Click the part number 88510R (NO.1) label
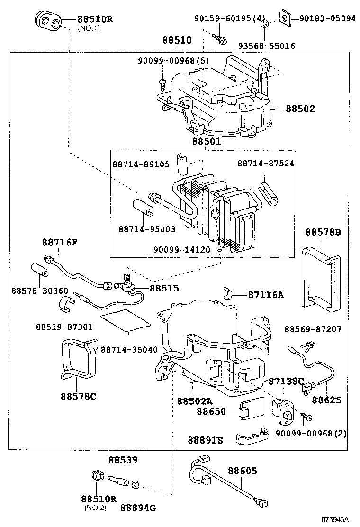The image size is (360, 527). click(95, 20)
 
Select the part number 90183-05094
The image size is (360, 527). click(327, 19)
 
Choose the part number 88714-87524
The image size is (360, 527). click(265, 164)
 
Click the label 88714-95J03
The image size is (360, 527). click(147, 229)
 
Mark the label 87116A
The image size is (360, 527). click(266, 295)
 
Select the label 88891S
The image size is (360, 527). click(205, 440)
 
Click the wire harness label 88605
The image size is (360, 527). click(243, 471)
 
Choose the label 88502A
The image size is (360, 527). click(195, 401)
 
